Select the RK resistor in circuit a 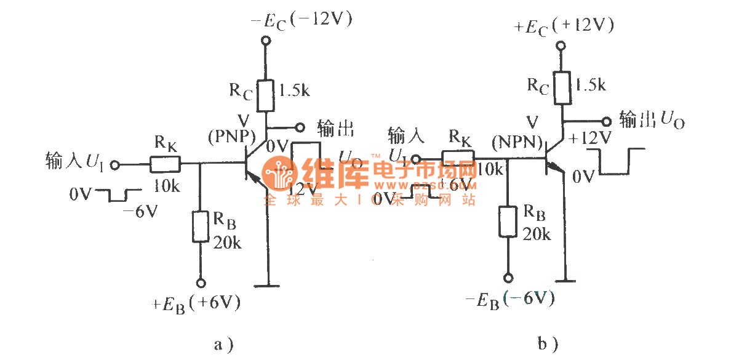pos(164,164)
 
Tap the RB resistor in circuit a pos(200,226)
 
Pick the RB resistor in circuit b pos(507,222)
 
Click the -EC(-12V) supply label pos(301,20)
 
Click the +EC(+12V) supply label pos(565,26)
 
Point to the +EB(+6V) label pos(196,303)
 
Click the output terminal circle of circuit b pos(607,121)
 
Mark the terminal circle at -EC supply pos(266,41)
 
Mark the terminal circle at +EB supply pos(200,283)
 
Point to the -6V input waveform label pos(140,212)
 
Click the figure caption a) pos(224,344)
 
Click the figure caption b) pos(548,343)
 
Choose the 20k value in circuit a pos(228,242)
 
